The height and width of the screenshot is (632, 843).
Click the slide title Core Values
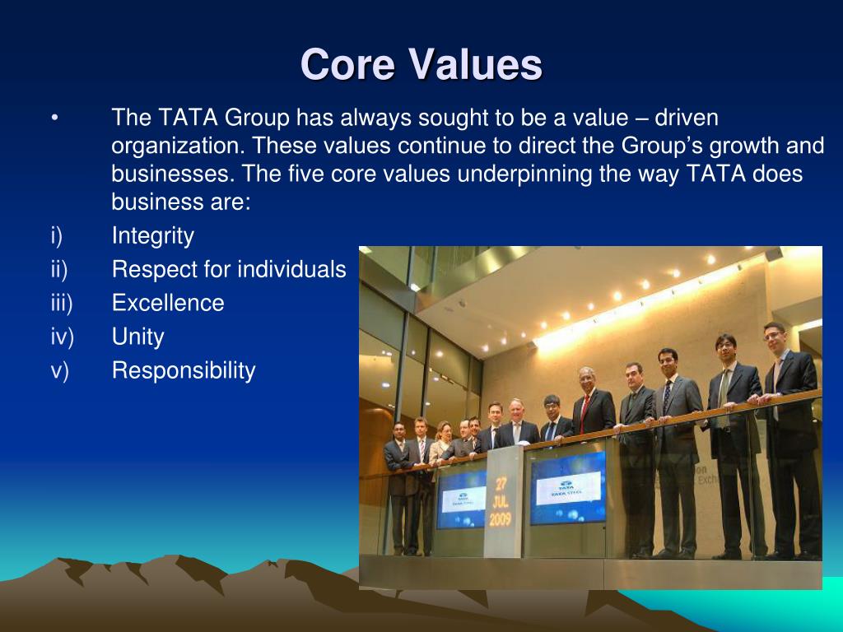coord(421,65)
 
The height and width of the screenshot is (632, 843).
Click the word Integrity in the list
coord(153,236)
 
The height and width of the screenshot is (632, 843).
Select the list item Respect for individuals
coord(229,269)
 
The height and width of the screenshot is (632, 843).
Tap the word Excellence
coord(168,303)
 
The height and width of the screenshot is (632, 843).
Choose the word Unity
coord(137,337)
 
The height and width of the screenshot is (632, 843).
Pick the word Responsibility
coord(184,370)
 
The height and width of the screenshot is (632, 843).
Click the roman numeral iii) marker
coord(61,303)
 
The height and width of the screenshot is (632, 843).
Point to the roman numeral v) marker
coord(58,370)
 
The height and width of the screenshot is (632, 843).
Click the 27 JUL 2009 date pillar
coord(503,503)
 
